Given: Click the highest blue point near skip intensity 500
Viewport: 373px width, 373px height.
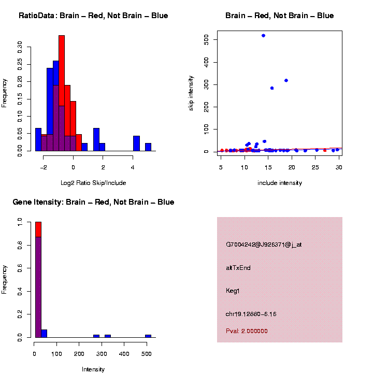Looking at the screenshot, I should [x=264, y=36].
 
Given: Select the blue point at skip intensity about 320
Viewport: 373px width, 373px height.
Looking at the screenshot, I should [x=286, y=80].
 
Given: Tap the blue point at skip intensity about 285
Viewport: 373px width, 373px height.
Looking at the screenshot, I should [x=272, y=88].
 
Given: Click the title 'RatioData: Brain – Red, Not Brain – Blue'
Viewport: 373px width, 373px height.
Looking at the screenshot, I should [x=93, y=16].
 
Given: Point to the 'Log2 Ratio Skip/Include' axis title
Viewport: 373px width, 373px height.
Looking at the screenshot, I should [x=93, y=183].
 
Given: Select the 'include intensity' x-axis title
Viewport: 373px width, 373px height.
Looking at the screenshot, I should [x=280, y=183].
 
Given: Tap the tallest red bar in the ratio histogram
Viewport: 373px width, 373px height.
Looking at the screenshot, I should [x=62, y=93].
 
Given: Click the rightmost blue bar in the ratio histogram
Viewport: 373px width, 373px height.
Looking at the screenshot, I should [x=148, y=147].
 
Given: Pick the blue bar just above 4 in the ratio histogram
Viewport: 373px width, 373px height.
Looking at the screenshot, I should [x=137, y=144].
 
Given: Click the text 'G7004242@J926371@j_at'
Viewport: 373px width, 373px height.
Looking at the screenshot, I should [x=264, y=245].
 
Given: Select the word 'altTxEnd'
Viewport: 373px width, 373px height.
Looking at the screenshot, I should [x=238, y=268].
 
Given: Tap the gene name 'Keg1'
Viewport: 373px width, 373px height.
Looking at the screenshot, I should [x=233, y=291].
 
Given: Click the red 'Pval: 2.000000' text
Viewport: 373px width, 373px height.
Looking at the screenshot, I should [x=247, y=331].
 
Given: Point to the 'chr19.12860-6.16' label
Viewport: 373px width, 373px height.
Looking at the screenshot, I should [x=251, y=314].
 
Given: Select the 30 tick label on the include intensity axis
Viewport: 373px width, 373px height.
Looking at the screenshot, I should [x=338, y=167].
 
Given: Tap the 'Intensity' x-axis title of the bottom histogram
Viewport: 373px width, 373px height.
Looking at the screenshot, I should [x=93, y=369].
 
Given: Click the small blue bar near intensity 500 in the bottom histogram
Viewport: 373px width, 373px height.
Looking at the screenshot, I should [x=148, y=336].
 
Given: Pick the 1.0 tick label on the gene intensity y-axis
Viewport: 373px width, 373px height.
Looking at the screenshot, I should [x=20, y=222].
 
